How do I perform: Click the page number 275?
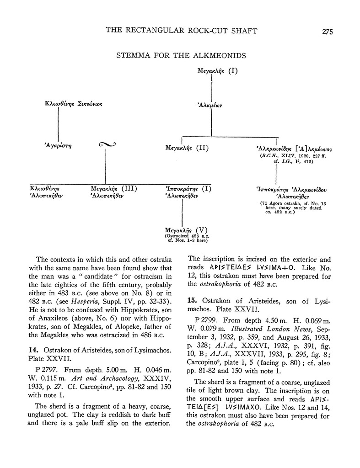[x=327, y=32]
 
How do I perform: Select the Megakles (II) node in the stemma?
[x=187, y=148]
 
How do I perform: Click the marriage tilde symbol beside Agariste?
[x=107, y=145]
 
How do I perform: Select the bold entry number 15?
[x=193, y=300]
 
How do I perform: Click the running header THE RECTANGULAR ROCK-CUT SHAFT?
[x=181, y=31]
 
